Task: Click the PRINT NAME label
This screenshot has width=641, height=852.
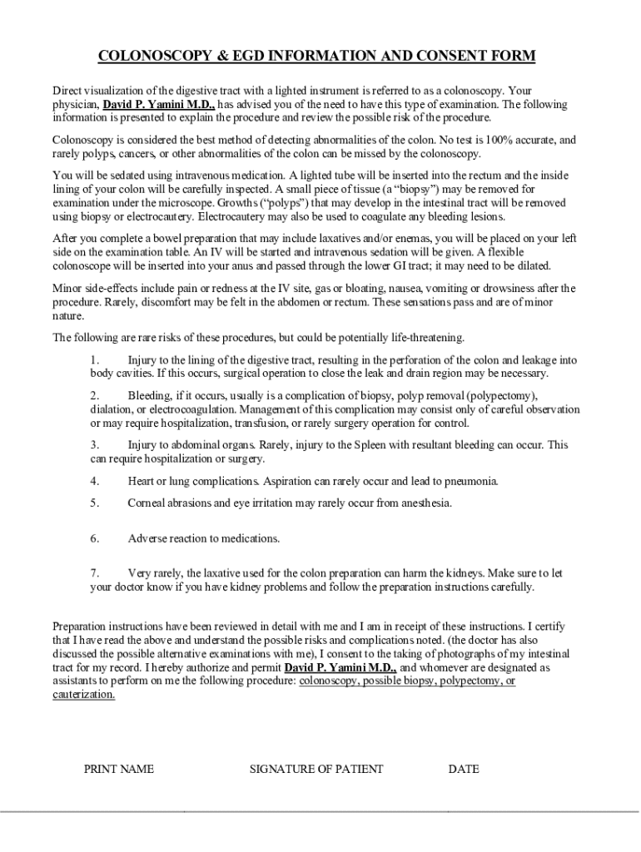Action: pos(119,769)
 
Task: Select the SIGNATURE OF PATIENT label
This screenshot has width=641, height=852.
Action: pos(316,769)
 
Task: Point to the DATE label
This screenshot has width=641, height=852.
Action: pos(464,769)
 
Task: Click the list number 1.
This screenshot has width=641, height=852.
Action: pos(95,360)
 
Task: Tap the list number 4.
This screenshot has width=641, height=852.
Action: pos(95,481)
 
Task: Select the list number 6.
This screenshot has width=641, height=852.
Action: pos(95,538)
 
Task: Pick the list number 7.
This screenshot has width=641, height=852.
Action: pos(95,573)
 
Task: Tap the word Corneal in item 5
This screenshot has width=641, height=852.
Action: pos(147,503)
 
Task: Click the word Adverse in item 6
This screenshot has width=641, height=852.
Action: pos(147,538)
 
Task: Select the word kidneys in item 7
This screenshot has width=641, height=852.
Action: pos(447,573)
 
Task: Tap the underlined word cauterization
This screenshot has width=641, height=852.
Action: pos(84,694)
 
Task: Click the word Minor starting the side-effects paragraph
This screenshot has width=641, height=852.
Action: pos(67,288)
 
